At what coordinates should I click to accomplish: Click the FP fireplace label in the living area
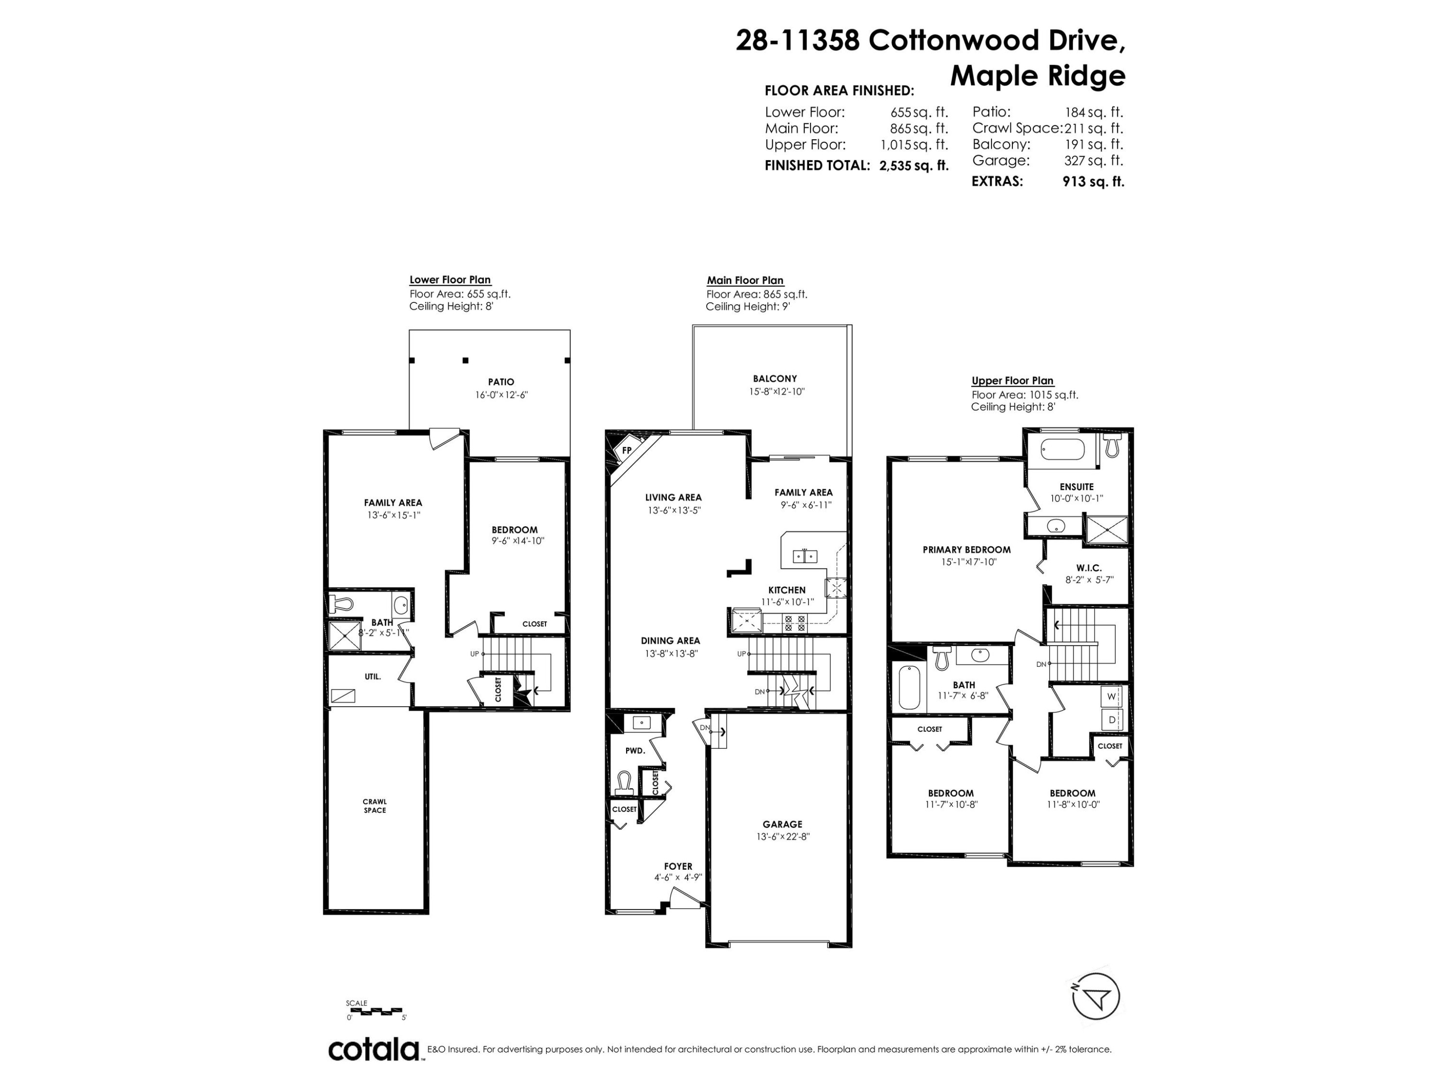pyautogui.click(x=627, y=450)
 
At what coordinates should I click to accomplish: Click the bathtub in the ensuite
pyautogui.click(x=1062, y=449)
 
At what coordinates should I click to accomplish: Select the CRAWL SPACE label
pyautogui.click(x=375, y=806)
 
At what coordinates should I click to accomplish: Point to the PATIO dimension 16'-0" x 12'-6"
pyautogui.click(x=501, y=395)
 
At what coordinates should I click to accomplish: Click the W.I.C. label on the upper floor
pyautogui.click(x=1089, y=568)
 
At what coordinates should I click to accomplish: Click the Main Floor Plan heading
pyautogui.click(x=745, y=280)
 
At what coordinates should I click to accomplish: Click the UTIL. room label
pyautogui.click(x=373, y=677)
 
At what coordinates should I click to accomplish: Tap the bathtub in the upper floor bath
pyautogui.click(x=909, y=687)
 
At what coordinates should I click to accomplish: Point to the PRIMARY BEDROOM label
pyautogui.click(x=966, y=549)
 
